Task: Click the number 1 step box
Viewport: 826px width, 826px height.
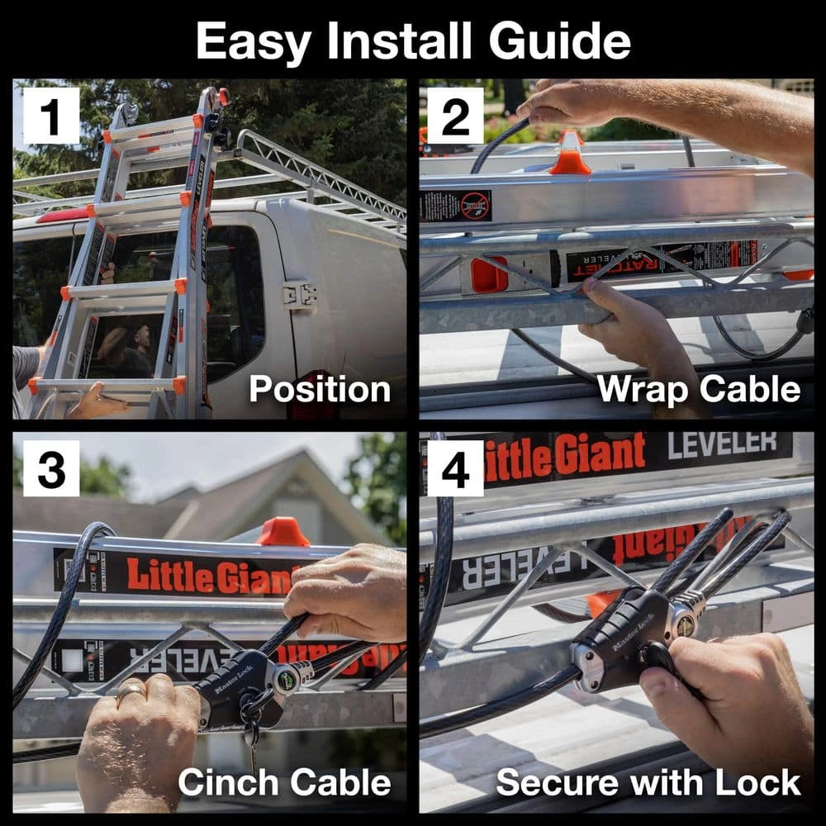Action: pyautogui.click(x=51, y=116)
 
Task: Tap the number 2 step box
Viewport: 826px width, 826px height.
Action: pyautogui.click(x=455, y=116)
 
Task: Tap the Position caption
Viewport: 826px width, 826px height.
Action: pyautogui.click(x=320, y=389)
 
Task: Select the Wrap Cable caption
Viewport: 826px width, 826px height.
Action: pyautogui.click(x=699, y=389)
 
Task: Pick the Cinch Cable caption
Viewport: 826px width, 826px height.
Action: pyautogui.click(x=284, y=781)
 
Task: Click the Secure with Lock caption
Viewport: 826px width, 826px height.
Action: pyautogui.click(x=648, y=781)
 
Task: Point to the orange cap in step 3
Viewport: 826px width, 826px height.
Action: pyautogui.click(x=283, y=533)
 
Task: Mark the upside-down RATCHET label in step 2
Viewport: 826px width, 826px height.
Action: pyautogui.click(x=615, y=264)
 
